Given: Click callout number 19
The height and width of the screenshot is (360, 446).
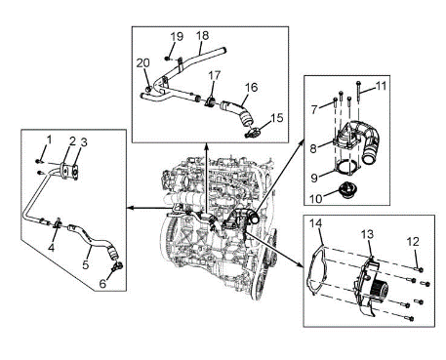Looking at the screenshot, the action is [177, 36].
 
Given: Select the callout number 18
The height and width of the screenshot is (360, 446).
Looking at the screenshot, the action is [202, 35].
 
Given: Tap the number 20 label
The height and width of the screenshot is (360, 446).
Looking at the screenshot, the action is [142, 62].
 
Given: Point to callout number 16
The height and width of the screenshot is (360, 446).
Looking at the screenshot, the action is [251, 87].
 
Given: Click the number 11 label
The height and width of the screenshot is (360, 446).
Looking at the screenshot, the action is [381, 86].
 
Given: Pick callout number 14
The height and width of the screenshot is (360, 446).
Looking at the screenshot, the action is [315, 223].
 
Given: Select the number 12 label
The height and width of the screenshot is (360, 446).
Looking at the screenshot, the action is [413, 242].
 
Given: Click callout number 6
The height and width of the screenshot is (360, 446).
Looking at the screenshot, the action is [102, 284].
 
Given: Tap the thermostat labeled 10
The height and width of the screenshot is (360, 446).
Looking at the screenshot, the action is [346, 190].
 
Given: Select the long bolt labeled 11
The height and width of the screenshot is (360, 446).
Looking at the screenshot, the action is [358, 92].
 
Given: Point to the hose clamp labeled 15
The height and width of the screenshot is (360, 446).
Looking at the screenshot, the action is [253, 133].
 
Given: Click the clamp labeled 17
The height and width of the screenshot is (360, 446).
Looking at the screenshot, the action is [210, 101].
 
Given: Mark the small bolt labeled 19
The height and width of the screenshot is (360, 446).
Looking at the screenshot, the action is [167, 59].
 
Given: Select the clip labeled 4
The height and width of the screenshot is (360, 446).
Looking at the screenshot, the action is [58, 223].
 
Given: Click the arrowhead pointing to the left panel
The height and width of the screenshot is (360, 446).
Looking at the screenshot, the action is [129, 208].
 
